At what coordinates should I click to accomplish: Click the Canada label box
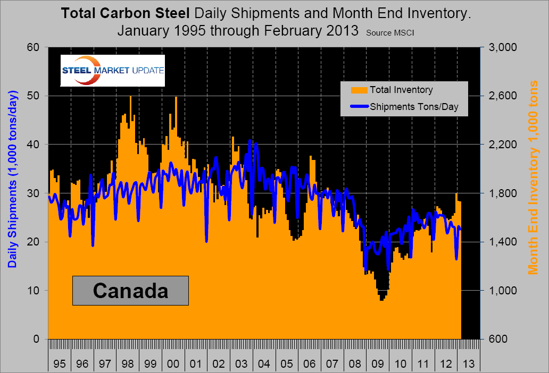coord(130,291)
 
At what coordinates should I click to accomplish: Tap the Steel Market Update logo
coord(113,70)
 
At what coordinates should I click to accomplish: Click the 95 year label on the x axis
coord(60,364)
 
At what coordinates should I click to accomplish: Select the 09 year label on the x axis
coord(378,364)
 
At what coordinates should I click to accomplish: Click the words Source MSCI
coord(390,32)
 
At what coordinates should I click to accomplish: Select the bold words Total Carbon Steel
coord(124,13)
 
